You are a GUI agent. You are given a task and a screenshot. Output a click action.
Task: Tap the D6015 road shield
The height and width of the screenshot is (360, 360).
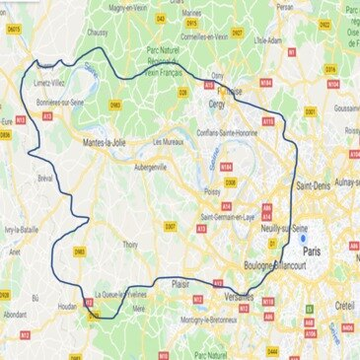(x=15, y=57)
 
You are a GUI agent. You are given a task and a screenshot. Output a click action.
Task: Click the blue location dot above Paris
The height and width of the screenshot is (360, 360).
(x=306, y=237)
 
